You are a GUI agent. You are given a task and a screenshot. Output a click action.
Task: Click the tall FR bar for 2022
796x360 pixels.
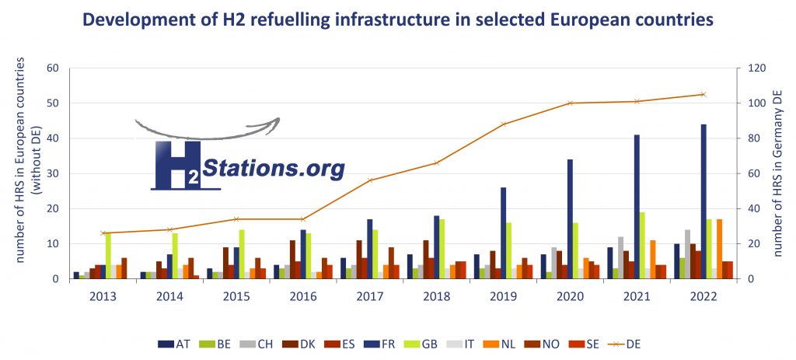click(703, 202)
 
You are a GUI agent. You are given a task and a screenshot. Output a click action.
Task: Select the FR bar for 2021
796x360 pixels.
click(637, 207)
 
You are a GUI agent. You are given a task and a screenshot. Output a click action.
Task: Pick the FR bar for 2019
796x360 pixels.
click(503, 233)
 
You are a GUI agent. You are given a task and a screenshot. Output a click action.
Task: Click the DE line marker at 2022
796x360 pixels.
click(703, 94)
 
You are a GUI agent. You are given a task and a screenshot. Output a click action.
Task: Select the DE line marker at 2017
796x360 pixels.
click(370, 180)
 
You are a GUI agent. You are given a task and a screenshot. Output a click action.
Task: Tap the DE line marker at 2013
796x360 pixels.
click(103, 233)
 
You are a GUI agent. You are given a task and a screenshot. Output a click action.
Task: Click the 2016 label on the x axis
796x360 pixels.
click(303, 295)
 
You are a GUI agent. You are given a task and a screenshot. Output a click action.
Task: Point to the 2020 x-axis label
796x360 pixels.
click(570, 295)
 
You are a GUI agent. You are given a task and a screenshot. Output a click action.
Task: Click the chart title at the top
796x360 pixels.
click(398, 21)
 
